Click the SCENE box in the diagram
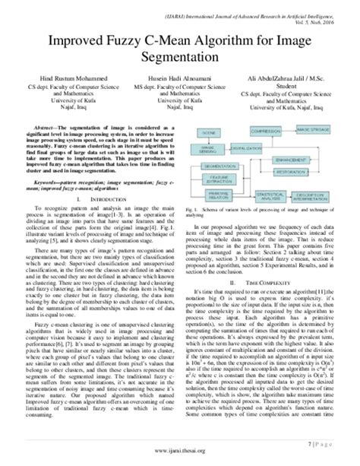pos(210,132)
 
